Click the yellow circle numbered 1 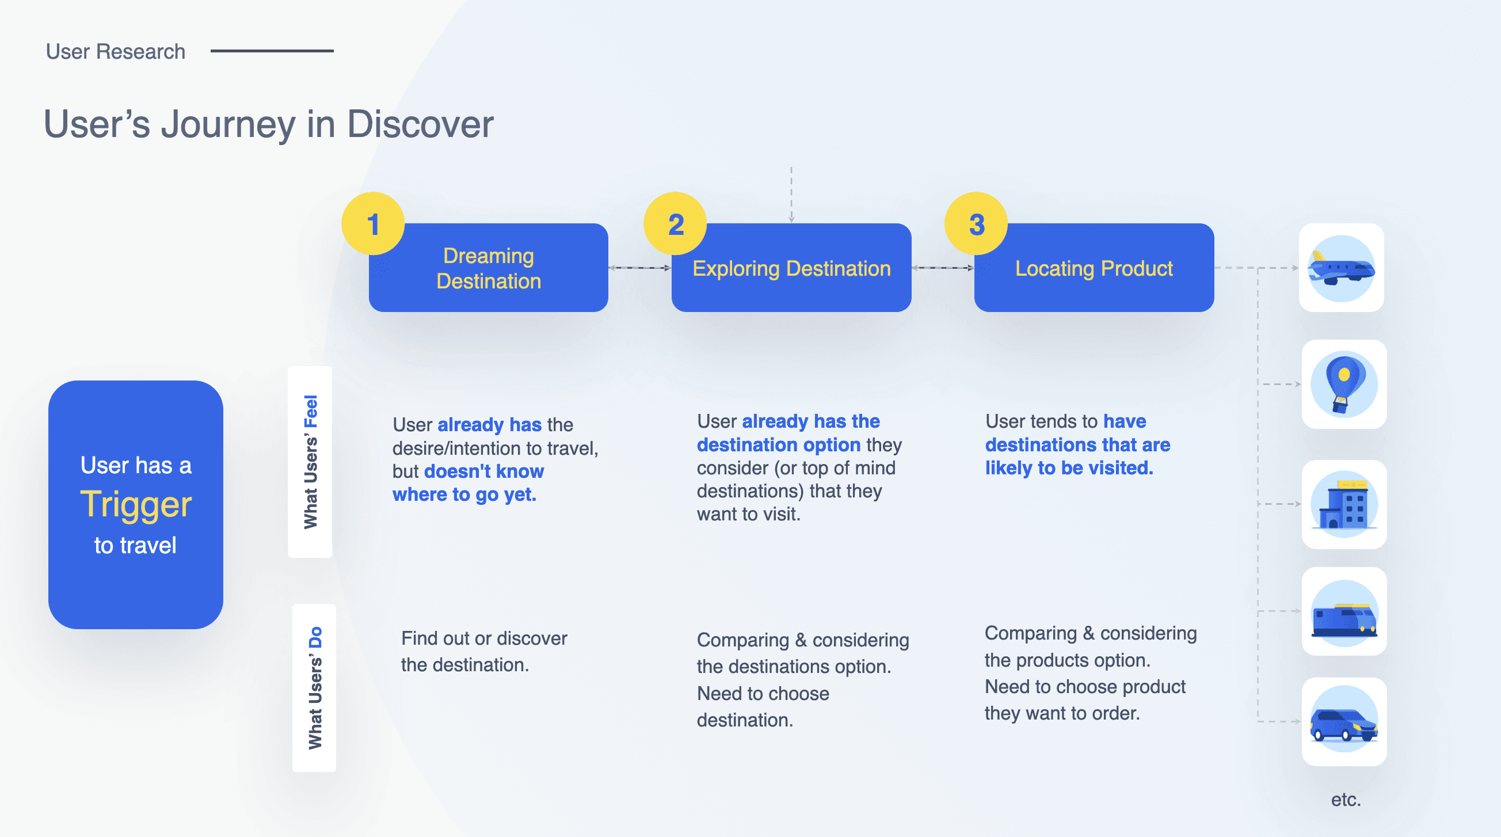pyautogui.click(x=373, y=224)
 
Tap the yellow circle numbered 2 pyautogui.click(x=675, y=224)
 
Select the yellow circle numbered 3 pyautogui.click(x=977, y=224)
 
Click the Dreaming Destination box pyautogui.click(x=489, y=268)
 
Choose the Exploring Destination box pyautogui.click(x=791, y=268)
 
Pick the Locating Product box pyautogui.click(x=1094, y=268)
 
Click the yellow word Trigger pyautogui.click(x=136, y=505)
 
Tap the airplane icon pyautogui.click(x=1342, y=268)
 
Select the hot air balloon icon pyautogui.click(x=1344, y=385)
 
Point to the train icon pyautogui.click(x=1344, y=612)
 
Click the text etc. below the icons pyautogui.click(x=1346, y=800)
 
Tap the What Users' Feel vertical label pyautogui.click(x=311, y=462)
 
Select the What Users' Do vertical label pyautogui.click(x=315, y=688)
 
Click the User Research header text pyautogui.click(x=115, y=52)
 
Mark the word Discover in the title pyautogui.click(x=420, y=125)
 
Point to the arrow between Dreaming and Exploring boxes pyautogui.click(x=640, y=268)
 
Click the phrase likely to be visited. pyautogui.click(x=1069, y=468)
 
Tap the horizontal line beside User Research pyautogui.click(x=272, y=51)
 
